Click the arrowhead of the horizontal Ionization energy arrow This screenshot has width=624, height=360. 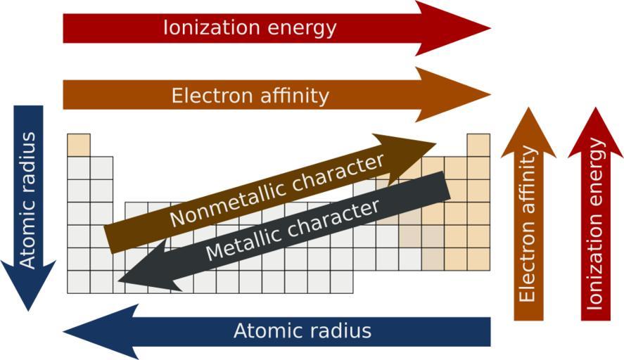coord(452,28)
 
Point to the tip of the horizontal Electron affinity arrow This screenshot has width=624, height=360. coord(490,95)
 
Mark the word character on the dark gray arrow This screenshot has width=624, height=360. coord(333,218)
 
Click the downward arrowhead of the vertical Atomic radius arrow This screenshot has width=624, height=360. coord(28,285)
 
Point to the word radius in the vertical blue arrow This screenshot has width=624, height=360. coord(28,159)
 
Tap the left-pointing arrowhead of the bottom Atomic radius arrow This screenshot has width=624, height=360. coord(101,332)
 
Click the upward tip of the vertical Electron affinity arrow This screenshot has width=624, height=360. coord(528,108)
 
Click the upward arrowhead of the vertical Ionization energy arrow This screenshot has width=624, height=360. coord(595,132)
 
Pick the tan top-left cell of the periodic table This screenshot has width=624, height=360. coord(79,145)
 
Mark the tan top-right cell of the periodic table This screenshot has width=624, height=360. coord(478,145)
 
